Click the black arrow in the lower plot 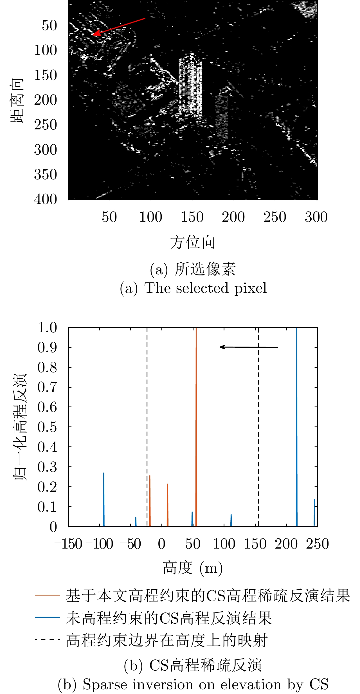(249, 347)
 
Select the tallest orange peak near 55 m (196, 422)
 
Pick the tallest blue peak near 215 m (297, 422)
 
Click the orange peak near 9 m (167, 504)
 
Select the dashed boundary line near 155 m (258, 422)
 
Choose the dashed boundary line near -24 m (147, 422)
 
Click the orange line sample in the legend (47, 595)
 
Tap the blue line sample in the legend (47, 617)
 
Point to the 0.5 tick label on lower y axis (47, 427)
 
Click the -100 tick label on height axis (99, 544)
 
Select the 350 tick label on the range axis (46, 174)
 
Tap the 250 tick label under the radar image (275, 217)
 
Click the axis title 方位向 (193, 242)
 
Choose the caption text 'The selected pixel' (206, 288)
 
